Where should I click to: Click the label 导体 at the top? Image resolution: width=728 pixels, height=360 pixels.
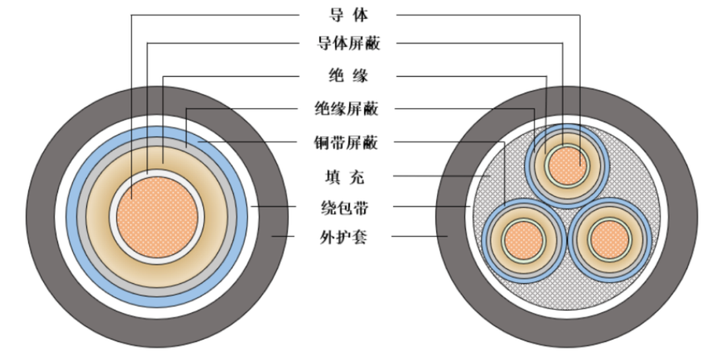[x=348, y=15]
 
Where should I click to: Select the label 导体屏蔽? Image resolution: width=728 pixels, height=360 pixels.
[x=348, y=43]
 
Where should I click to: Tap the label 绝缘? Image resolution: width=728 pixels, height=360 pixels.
[x=348, y=76]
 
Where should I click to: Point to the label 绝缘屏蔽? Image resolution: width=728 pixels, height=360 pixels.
[x=347, y=109]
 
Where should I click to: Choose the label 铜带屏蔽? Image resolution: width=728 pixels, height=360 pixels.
[x=346, y=142]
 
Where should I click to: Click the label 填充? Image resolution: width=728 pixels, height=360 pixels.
[x=344, y=177]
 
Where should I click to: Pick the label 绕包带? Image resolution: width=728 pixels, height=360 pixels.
[x=344, y=207]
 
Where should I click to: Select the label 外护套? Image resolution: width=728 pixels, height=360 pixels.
[x=344, y=237]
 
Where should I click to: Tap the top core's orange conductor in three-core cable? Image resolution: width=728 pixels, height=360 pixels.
[x=567, y=166]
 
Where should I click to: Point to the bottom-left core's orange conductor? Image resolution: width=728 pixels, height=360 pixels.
[x=523, y=240]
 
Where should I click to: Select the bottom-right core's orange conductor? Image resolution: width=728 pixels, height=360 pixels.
[x=609, y=240]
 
